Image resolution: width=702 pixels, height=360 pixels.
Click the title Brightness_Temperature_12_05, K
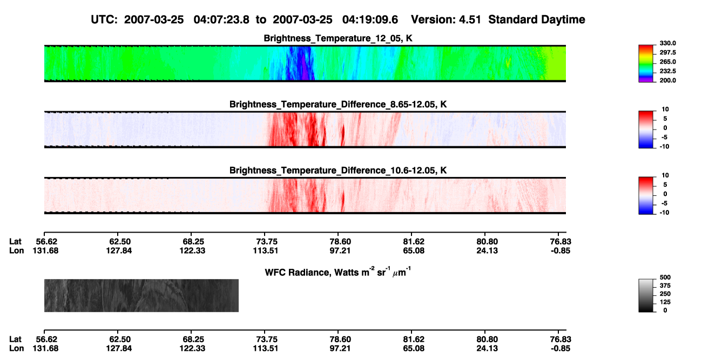click(x=338, y=38)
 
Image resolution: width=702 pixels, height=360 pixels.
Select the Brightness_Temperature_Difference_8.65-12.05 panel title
click(x=338, y=104)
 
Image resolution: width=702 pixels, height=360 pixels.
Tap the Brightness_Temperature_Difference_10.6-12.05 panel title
click(x=338, y=171)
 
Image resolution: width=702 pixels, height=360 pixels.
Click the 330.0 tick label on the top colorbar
click(x=667, y=43)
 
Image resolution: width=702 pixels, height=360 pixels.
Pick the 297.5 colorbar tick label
click(x=667, y=52)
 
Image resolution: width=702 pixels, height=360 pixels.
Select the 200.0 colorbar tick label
click(x=667, y=80)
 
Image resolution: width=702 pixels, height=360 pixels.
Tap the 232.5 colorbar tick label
click(x=667, y=71)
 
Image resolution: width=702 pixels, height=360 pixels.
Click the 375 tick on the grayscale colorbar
click(x=665, y=286)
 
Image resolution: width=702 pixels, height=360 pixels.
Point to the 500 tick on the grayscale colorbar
click(x=665, y=277)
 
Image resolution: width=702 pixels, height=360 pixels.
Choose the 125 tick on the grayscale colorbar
click(x=665, y=302)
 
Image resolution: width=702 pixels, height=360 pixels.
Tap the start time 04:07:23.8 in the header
click(x=221, y=19)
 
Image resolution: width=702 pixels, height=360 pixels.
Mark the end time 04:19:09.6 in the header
click(x=370, y=19)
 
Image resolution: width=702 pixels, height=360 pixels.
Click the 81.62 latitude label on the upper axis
click(x=414, y=242)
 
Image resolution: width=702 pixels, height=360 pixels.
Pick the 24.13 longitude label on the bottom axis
click(x=487, y=349)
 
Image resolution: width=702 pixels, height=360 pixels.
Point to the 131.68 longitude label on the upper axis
click(x=45, y=250)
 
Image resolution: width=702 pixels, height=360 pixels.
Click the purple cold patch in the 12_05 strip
click(x=305, y=67)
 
